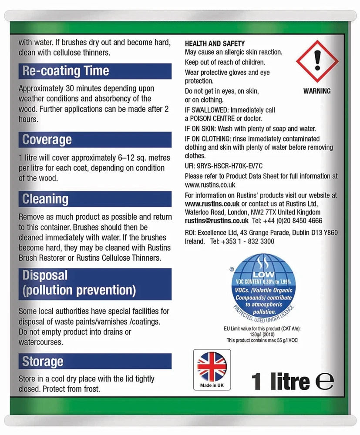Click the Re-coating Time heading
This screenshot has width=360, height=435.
[x=66, y=71]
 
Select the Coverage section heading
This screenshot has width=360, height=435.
[x=47, y=140]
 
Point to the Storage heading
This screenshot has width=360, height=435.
[x=43, y=361]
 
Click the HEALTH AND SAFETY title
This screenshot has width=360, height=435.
[x=215, y=43]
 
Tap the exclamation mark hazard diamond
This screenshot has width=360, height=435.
[x=317, y=61]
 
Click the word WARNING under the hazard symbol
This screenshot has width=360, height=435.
[x=317, y=91]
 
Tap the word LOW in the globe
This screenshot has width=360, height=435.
[x=264, y=274]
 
